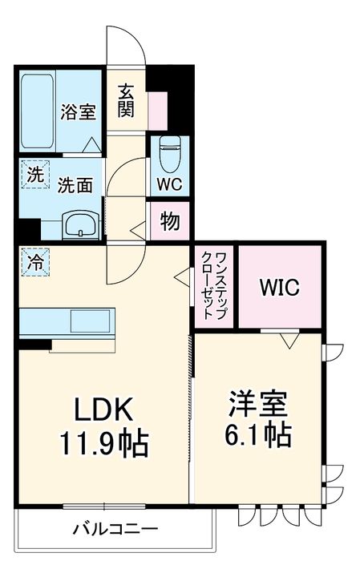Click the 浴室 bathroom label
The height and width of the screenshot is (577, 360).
tap(78, 112)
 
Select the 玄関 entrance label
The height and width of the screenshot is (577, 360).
tap(127, 100)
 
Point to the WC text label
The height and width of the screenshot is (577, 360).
tap(169, 184)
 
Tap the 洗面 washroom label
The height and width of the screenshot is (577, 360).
tap(75, 184)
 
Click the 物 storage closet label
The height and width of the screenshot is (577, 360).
tap(169, 222)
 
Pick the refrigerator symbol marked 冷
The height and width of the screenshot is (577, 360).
tap(35, 261)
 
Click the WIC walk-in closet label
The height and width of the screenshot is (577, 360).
tap(278, 287)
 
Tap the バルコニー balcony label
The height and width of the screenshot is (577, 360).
tap(115, 529)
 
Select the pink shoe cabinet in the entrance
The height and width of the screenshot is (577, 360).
tap(158, 110)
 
